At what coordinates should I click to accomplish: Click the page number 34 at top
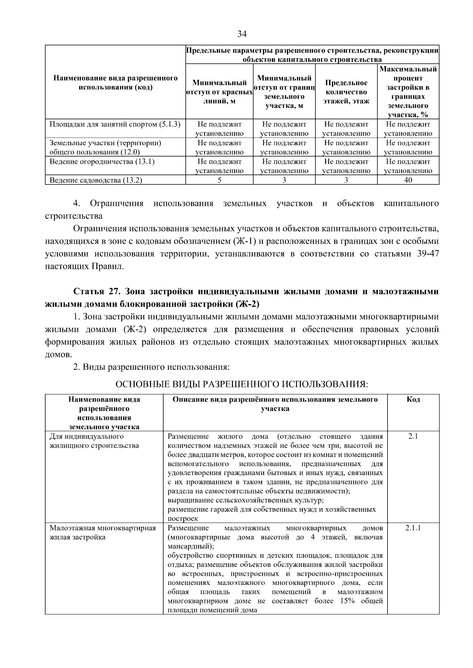click(242, 34)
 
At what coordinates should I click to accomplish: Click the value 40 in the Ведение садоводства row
click(408, 180)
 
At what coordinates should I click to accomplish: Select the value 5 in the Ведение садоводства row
click(219, 180)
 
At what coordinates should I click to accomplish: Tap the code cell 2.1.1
click(413, 528)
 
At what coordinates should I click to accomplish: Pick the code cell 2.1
click(413, 437)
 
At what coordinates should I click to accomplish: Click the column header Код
click(413, 400)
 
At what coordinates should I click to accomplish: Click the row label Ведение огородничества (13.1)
click(102, 162)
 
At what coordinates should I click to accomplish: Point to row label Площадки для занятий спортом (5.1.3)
click(114, 124)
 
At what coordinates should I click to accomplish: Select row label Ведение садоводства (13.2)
click(95, 180)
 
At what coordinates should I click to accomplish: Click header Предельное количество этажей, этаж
click(346, 92)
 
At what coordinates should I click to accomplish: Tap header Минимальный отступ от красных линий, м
click(219, 92)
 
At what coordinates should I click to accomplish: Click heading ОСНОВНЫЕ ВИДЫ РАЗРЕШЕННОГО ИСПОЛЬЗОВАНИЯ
click(242, 384)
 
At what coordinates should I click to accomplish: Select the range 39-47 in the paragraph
click(428, 254)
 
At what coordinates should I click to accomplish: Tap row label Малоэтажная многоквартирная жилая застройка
click(102, 533)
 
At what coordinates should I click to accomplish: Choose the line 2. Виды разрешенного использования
click(151, 367)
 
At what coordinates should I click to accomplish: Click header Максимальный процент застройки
click(408, 92)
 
